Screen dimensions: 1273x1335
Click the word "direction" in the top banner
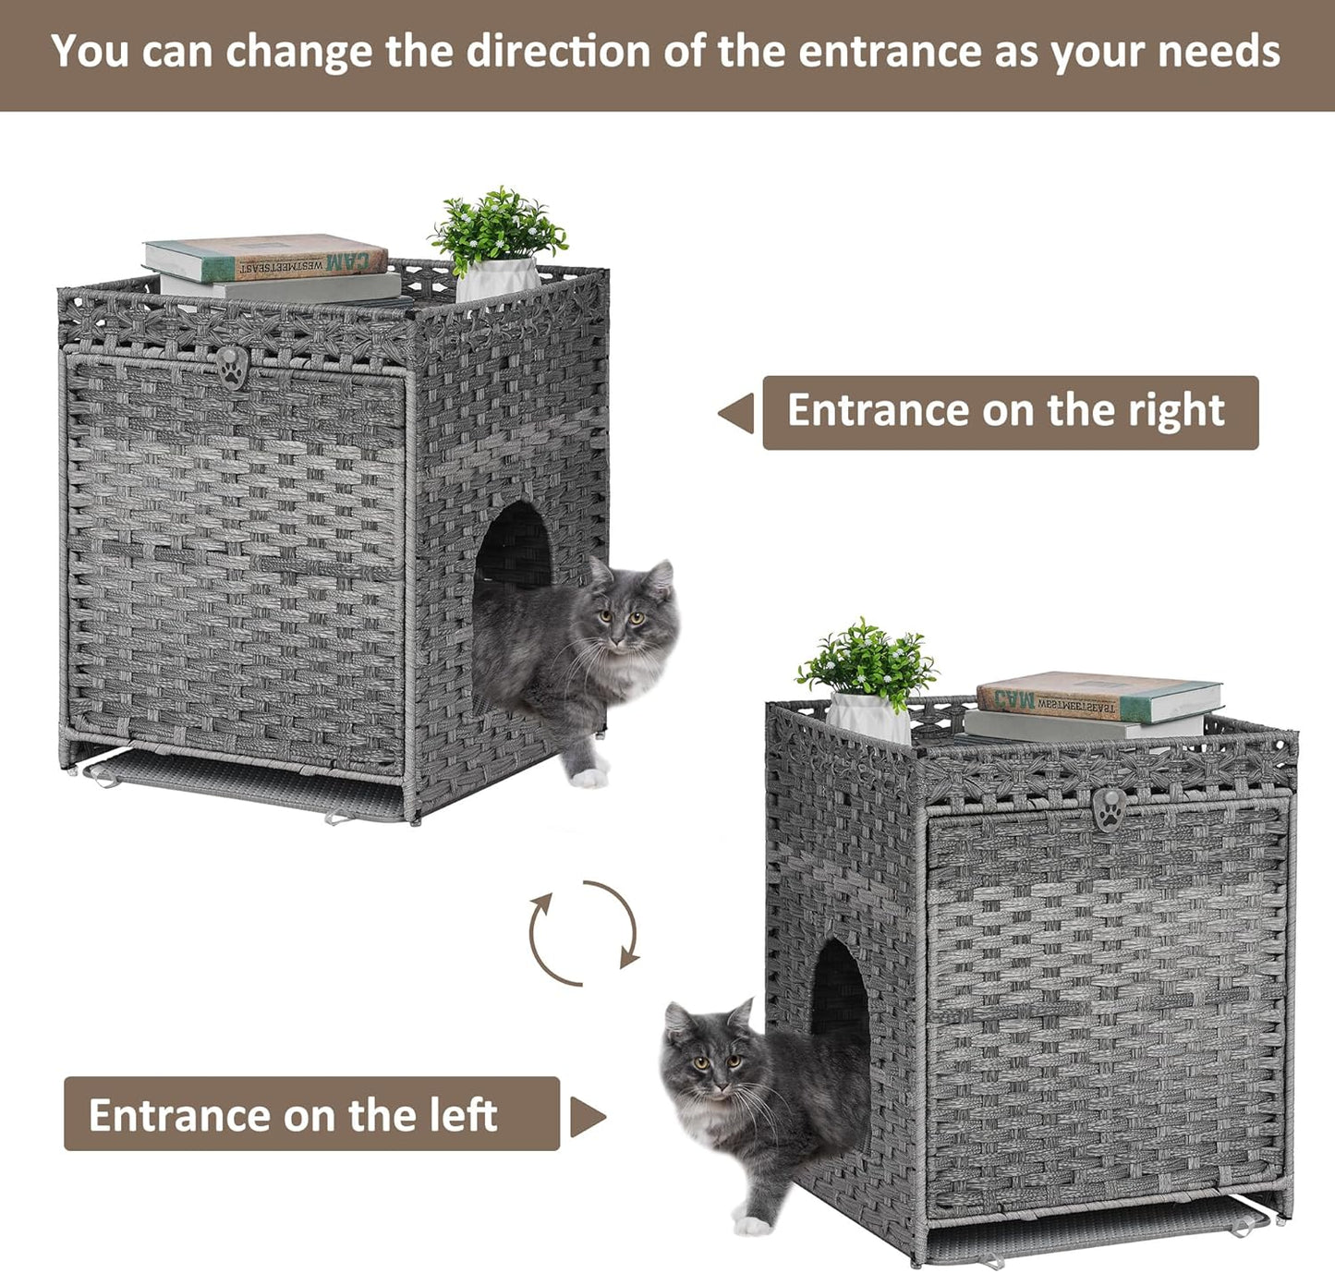(x=558, y=51)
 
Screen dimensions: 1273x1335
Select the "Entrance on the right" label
(x=1010, y=412)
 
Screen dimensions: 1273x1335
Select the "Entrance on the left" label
(x=311, y=1114)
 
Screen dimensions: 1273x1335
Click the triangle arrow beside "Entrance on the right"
(x=737, y=413)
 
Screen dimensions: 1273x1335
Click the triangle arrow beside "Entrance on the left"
(x=587, y=1117)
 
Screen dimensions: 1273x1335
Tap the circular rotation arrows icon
(x=584, y=933)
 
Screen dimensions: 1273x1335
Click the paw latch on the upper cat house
(x=232, y=367)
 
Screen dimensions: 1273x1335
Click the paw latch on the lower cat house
(x=1109, y=809)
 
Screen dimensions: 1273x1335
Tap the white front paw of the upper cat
(x=588, y=777)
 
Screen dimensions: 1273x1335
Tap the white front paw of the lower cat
(x=752, y=1224)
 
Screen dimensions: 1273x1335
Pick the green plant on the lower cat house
(x=868, y=661)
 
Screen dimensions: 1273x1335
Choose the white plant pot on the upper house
(x=497, y=279)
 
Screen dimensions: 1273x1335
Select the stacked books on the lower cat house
(x=1095, y=707)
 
